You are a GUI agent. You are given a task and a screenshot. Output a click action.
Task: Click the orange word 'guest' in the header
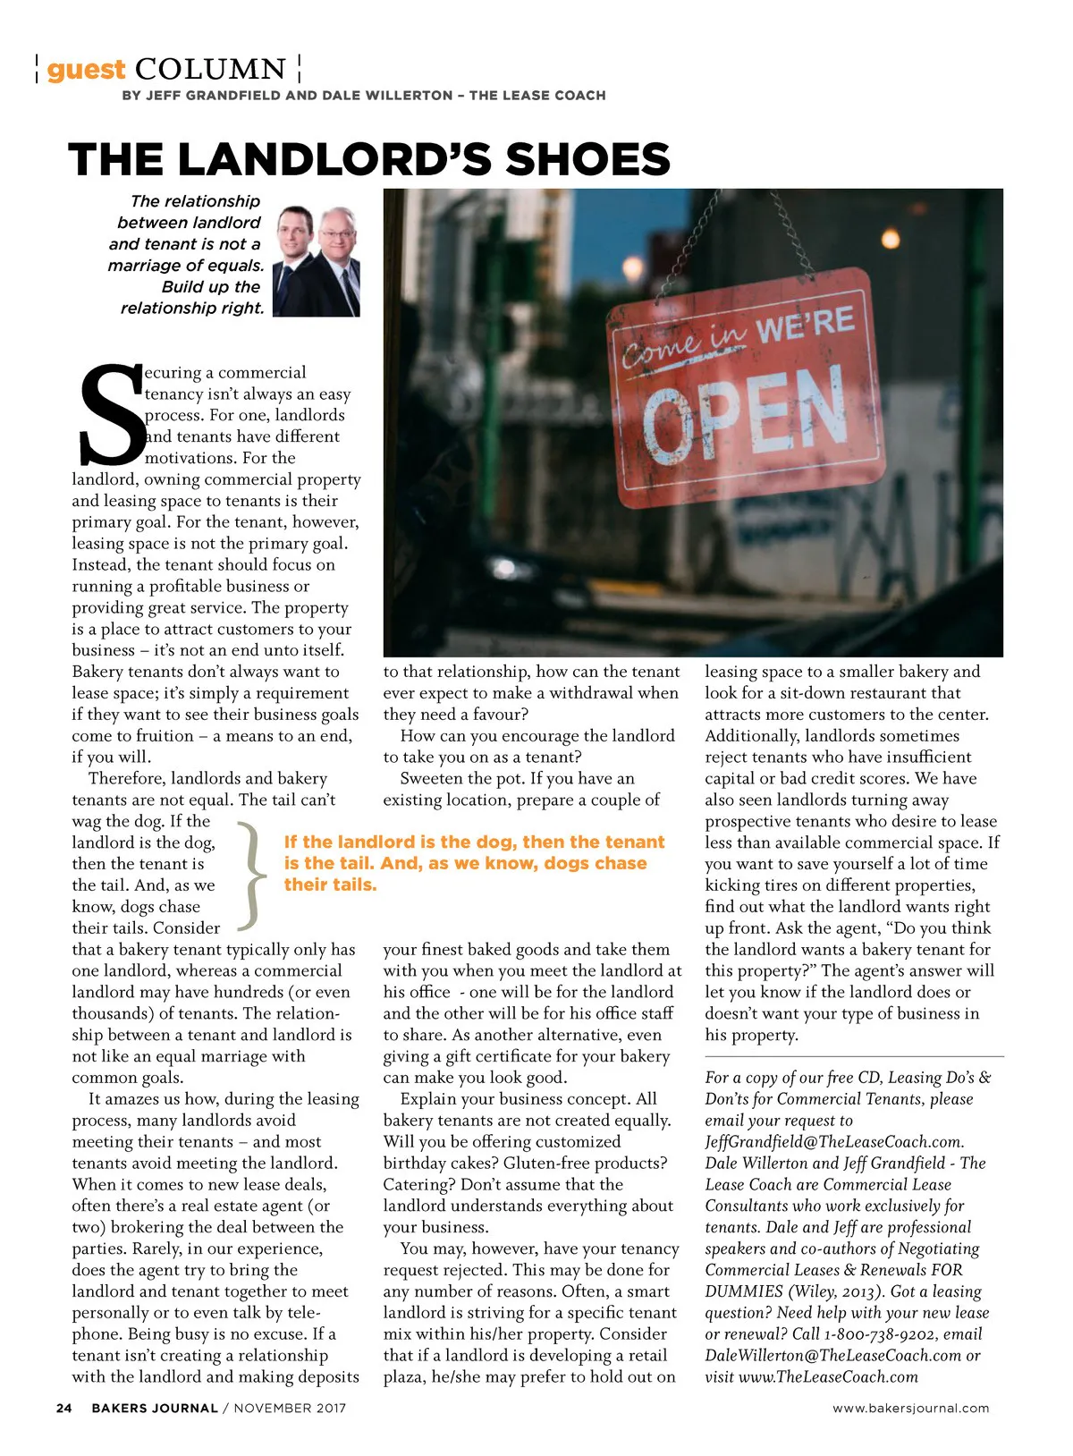pos(86,70)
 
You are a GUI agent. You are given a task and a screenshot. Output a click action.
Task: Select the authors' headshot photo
pos(317,261)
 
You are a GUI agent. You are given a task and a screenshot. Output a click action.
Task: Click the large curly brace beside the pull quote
pos(254,876)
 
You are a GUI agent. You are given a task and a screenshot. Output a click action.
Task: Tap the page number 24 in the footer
pos(63,1408)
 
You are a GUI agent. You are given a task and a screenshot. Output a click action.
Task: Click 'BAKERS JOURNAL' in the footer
pos(155,1408)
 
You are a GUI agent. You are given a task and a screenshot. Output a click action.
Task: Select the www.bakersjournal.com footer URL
pos(910,1408)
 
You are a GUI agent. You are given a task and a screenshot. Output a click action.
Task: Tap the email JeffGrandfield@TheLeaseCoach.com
pos(833,1142)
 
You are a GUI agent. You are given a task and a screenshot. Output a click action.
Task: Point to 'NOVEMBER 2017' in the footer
pos(290,1408)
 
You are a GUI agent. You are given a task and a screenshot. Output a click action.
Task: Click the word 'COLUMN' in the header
pos(211,69)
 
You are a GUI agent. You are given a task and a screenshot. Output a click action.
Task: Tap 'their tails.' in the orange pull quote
pos(330,885)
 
